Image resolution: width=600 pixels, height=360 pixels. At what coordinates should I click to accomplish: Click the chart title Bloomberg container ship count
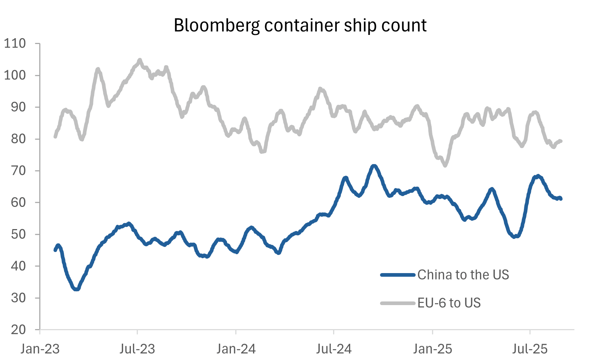(300, 25)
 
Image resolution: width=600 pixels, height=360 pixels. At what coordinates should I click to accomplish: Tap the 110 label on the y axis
(15, 44)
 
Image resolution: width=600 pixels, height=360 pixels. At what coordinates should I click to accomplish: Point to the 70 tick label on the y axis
(17, 171)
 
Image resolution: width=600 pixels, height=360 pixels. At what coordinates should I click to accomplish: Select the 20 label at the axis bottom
(17, 329)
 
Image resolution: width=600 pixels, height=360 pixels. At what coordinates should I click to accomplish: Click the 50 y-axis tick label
(17, 234)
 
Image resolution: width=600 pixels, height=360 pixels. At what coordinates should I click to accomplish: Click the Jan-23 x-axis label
(40, 349)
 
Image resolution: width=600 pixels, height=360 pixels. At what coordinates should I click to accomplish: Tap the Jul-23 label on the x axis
(137, 349)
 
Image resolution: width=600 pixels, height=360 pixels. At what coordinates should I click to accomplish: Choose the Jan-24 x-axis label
(236, 349)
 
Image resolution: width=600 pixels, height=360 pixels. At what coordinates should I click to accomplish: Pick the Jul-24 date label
(334, 349)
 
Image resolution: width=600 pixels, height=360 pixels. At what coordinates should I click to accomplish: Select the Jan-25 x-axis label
(432, 349)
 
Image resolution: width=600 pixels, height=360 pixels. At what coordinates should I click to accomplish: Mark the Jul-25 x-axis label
(530, 349)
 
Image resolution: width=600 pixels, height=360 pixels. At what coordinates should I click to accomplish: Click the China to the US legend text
(463, 275)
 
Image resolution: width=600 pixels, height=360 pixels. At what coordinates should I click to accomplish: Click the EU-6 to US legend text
(449, 303)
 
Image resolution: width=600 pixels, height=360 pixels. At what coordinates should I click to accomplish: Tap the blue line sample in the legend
(398, 275)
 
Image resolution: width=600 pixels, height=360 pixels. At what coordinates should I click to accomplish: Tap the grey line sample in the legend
(398, 303)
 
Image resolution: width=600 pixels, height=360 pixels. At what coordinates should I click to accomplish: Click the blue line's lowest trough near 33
(76, 289)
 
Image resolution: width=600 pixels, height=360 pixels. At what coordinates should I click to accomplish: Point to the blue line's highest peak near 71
(374, 166)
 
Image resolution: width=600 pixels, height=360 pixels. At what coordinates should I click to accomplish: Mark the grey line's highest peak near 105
(140, 60)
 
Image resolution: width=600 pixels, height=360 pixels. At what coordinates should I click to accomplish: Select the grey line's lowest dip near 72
(445, 165)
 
